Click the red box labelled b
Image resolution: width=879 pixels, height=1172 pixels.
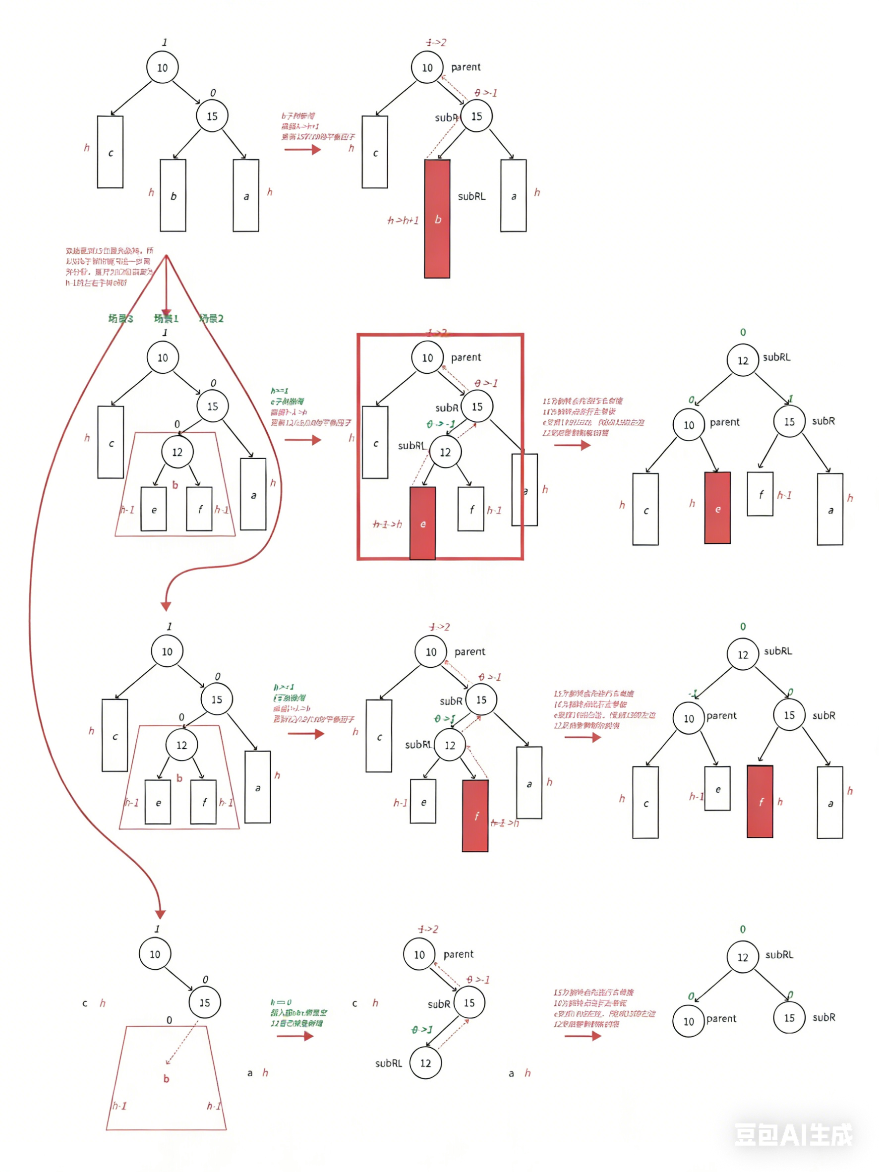tap(437, 218)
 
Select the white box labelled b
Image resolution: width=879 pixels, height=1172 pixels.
tap(173, 195)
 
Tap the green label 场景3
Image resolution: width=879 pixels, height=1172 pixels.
tap(121, 318)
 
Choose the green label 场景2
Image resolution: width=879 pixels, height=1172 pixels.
tap(211, 318)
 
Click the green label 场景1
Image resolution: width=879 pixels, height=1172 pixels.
tap(166, 318)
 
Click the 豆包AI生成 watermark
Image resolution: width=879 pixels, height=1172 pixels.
tap(793, 1135)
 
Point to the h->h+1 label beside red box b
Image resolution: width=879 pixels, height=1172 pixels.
tap(403, 220)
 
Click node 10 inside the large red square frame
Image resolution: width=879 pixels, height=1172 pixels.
tap(427, 357)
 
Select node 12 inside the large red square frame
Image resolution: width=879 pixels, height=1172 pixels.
tap(445, 452)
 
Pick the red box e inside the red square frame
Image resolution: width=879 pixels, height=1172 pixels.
tap(422, 523)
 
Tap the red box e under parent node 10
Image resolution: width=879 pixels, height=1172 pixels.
tap(717, 508)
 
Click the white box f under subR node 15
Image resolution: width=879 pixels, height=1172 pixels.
tap(760, 493)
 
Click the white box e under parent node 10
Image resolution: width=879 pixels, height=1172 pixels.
tap(717, 788)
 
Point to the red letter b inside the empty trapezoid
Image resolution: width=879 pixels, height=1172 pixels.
tap(167, 1078)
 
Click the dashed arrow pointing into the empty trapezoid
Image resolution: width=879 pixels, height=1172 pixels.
tap(180, 1047)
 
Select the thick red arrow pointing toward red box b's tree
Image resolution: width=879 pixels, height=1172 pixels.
tap(302, 149)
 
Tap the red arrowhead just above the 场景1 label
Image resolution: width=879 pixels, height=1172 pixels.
tap(166, 313)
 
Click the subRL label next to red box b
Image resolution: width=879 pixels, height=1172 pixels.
tap(471, 196)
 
